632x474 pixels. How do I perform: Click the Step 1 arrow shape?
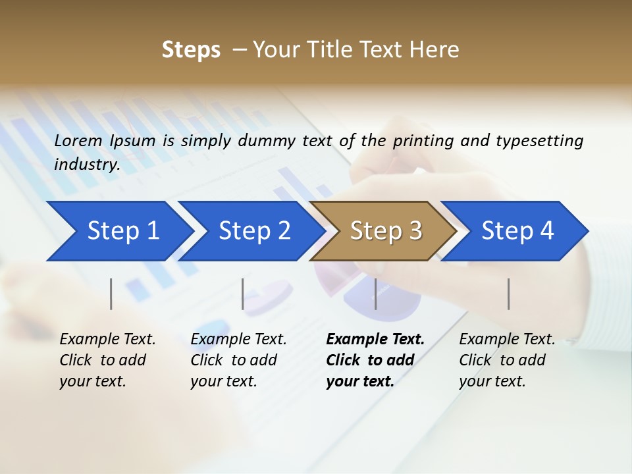[x=118, y=231]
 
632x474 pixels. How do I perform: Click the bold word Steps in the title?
[x=191, y=49]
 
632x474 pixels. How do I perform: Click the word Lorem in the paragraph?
[x=78, y=140]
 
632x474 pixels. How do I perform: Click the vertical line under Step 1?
[x=111, y=294]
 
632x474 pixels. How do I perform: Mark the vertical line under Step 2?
[x=243, y=294]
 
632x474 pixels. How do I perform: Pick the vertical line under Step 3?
[x=375, y=294]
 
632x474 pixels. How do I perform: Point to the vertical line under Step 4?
[x=508, y=294]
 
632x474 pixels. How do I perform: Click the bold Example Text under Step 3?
[x=375, y=340]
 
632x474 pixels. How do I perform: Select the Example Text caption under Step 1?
[x=107, y=340]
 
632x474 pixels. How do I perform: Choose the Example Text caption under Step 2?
[x=238, y=340]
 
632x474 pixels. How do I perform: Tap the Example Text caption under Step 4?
[x=507, y=340]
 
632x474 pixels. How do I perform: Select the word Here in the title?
[x=437, y=49]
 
